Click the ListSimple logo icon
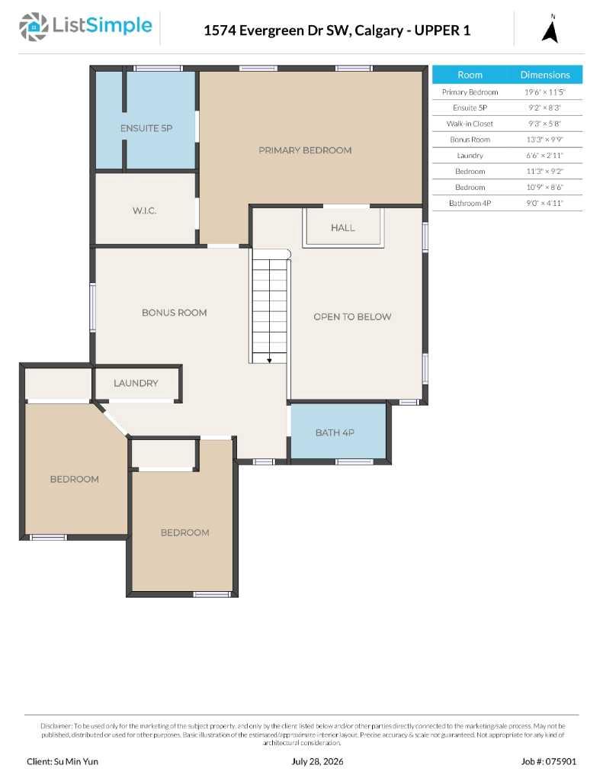tap(34, 27)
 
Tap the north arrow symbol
tap(550, 31)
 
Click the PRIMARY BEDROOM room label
tap(305, 150)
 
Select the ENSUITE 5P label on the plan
tap(146, 128)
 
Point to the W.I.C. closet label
tap(144, 211)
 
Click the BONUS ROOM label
tap(175, 312)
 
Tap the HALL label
tap(342, 227)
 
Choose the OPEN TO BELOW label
tap(352, 317)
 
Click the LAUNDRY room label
tap(136, 383)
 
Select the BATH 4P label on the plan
tap(335, 432)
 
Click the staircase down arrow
tap(269, 360)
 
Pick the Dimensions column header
tap(545, 75)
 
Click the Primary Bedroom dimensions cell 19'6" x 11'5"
tap(545, 92)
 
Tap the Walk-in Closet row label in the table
tap(470, 124)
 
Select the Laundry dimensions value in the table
tap(545, 156)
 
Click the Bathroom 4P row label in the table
tap(470, 203)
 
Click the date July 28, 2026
tap(317, 761)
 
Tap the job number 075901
tap(560, 761)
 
